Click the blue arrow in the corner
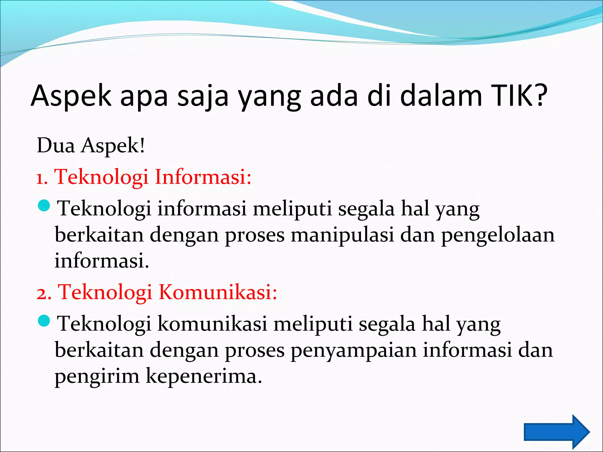point(557,432)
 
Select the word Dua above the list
point(56,145)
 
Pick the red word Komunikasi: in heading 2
point(218,292)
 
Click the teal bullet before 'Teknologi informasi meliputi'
point(45,205)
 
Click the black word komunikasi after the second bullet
point(212,324)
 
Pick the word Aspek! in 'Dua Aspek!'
point(113,146)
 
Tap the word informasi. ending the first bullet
point(102,261)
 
